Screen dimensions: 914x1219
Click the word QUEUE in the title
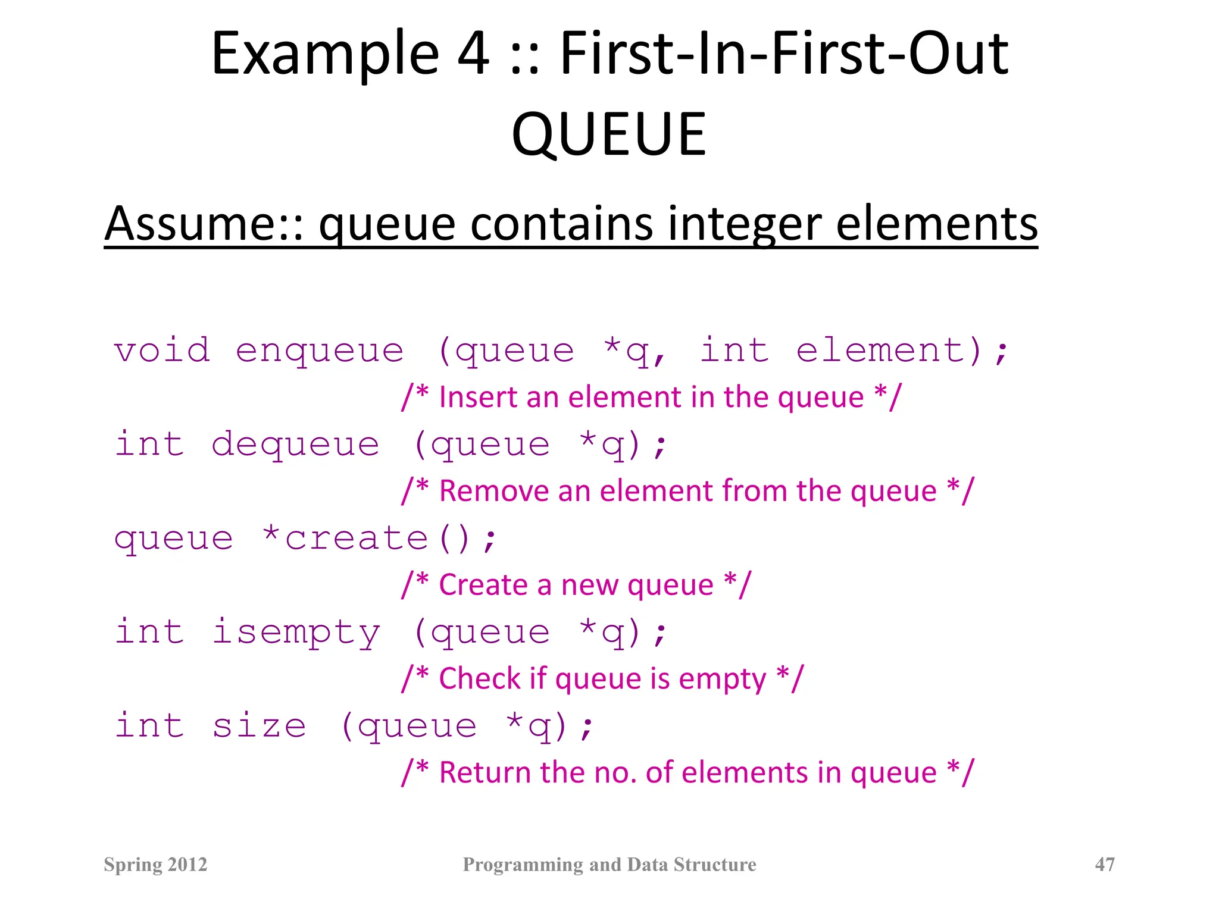(x=609, y=134)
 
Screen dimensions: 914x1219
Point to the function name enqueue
(x=320, y=350)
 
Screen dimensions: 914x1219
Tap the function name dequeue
(x=295, y=445)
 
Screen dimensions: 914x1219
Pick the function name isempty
(x=296, y=632)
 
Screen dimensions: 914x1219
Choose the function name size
(x=259, y=726)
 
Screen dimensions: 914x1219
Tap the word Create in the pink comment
(x=483, y=585)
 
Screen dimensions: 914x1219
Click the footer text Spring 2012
(x=155, y=864)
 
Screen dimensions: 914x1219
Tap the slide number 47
(x=1105, y=864)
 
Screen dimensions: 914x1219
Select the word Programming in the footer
(x=523, y=864)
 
